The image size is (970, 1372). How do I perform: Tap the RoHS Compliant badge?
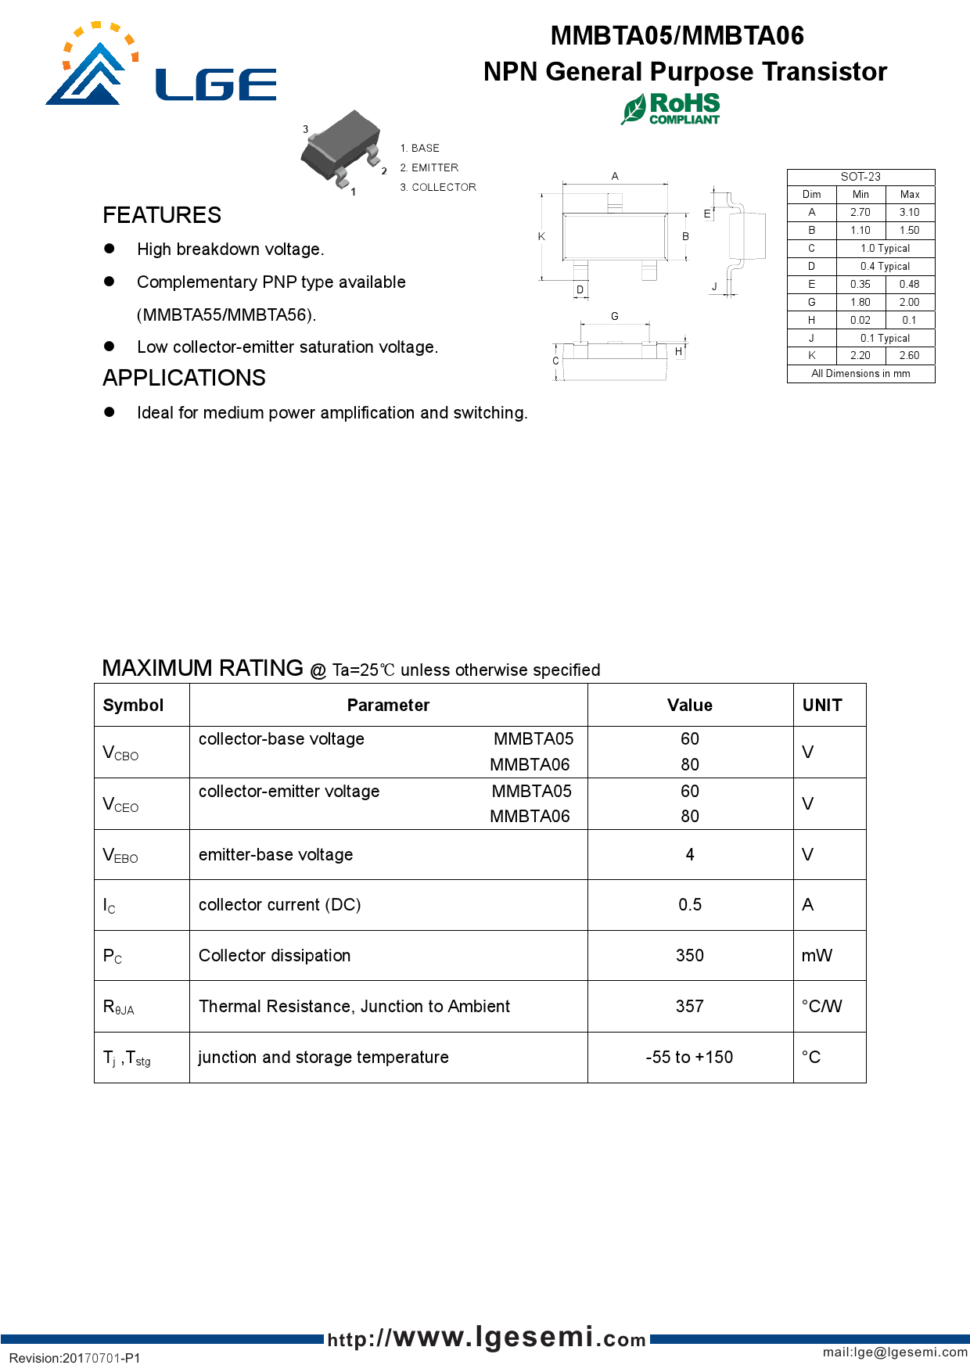(x=671, y=109)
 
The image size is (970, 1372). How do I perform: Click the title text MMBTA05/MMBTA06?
(x=677, y=35)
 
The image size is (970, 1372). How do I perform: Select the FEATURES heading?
(x=162, y=215)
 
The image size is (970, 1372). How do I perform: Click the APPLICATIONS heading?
(x=184, y=378)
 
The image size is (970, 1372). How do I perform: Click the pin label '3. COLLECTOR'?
(x=438, y=187)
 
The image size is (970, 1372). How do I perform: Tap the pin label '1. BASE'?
(x=420, y=148)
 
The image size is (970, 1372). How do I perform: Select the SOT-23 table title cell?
(x=860, y=177)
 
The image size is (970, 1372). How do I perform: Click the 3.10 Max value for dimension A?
(x=909, y=212)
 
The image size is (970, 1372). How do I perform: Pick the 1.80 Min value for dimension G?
(x=860, y=302)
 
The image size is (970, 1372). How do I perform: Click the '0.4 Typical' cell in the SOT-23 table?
(x=885, y=266)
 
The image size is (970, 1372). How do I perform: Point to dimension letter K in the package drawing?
(x=541, y=236)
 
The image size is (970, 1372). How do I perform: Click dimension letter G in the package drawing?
(x=615, y=316)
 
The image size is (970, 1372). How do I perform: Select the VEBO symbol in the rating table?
(x=120, y=855)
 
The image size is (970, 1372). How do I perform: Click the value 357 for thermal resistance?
(x=689, y=1006)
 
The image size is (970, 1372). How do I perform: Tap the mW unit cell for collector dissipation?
(x=817, y=955)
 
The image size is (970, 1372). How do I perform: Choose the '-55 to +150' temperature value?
(x=689, y=1057)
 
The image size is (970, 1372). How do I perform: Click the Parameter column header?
(x=388, y=705)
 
